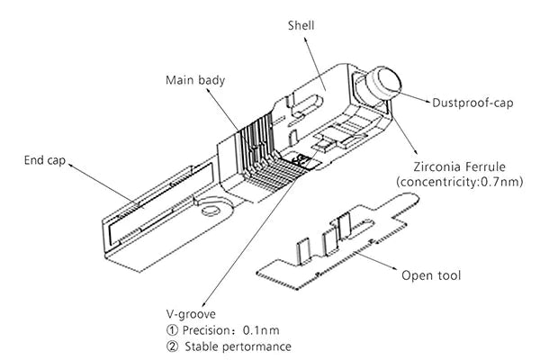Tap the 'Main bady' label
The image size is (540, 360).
[193, 79]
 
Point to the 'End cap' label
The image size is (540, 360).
[46, 161]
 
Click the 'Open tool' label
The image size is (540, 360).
[431, 274]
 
